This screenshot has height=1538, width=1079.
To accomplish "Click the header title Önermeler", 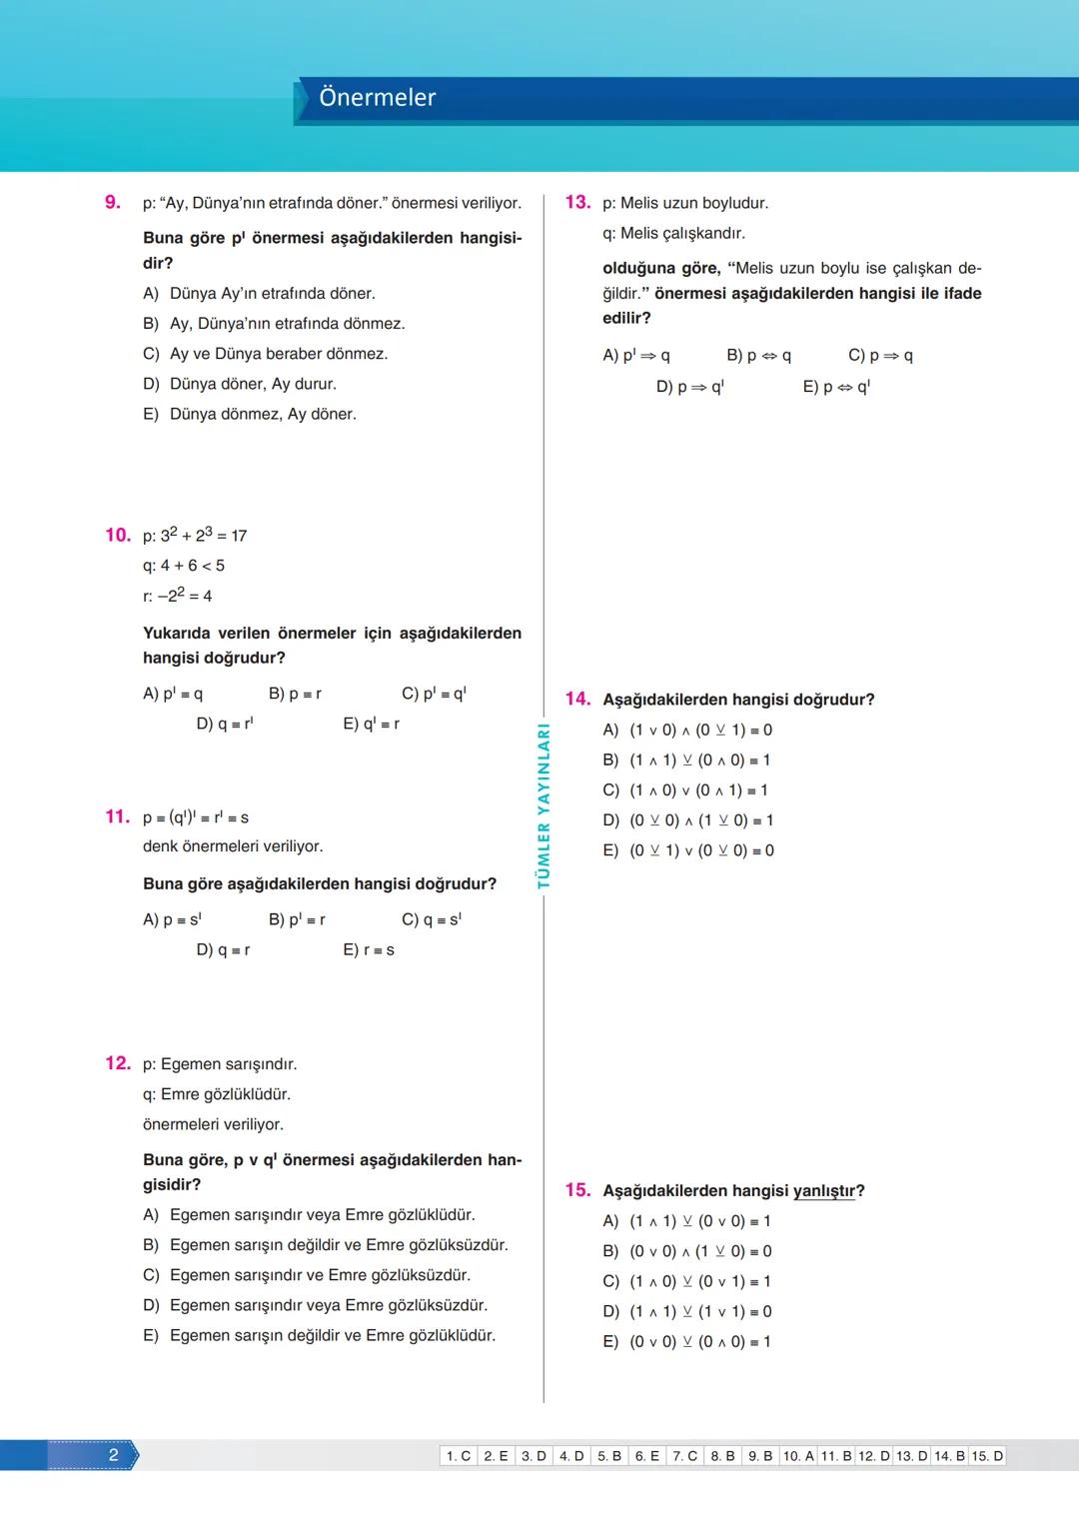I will pos(377,98).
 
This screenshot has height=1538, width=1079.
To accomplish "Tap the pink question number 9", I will pos(113,202).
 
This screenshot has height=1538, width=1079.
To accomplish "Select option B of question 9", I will pos(274,324).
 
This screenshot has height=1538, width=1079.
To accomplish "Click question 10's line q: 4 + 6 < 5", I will pos(184,566).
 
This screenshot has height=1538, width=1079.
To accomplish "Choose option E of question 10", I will pos(371,724).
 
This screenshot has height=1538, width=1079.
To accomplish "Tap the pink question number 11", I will pos(117,816).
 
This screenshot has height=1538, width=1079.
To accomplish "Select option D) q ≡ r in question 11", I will pos(223,950).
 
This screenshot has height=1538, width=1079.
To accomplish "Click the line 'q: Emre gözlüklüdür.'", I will pos(216,1094).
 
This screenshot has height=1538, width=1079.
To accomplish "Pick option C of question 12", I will pos(306,1275).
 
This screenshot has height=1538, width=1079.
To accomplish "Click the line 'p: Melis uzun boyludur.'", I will pos(685,203).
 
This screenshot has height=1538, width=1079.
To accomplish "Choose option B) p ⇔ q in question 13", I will pos(758,356).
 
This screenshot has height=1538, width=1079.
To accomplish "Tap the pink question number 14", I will pos(577,699).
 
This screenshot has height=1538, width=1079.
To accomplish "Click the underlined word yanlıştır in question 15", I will pos(824,1191).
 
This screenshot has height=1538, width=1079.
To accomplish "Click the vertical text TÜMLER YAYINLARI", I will pos(544,805).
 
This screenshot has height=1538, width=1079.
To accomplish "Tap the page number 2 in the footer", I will pos(113,1455).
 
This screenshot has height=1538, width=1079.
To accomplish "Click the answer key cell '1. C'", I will pos(459,1456).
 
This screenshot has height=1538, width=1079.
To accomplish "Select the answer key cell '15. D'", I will pos(987,1456).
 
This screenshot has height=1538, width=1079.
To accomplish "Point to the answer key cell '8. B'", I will pos(722,1456).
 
